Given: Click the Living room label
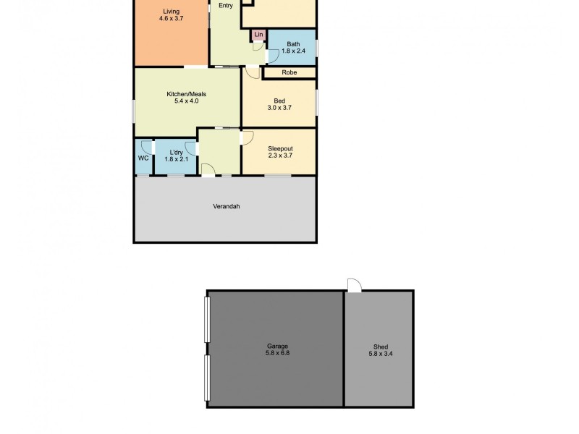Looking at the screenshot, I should (171, 11).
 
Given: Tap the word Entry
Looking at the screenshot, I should (227, 6).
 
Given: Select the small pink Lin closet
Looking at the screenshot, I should (258, 35).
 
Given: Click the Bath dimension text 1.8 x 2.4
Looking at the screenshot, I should (293, 51).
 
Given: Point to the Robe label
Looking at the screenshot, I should (289, 72).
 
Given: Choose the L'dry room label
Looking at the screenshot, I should (175, 152).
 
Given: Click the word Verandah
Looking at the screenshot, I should (226, 206).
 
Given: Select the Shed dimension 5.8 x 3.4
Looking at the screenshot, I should (380, 354).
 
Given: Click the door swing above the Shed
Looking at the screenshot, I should (354, 286).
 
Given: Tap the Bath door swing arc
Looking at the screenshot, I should (273, 56).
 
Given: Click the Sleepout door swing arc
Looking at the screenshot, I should (247, 137).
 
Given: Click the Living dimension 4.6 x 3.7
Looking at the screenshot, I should (171, 19).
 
